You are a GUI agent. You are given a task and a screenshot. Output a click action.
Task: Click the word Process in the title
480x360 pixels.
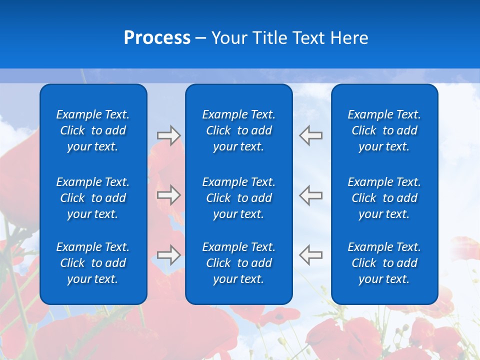[157, 38]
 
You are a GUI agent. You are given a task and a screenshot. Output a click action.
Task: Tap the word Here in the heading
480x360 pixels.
[349, 38]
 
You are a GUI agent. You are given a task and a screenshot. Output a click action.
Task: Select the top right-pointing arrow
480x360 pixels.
[169, 135]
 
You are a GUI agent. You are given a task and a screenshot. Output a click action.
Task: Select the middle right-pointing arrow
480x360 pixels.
[169, 195]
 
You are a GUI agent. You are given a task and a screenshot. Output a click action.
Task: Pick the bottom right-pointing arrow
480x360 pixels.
[169, 255]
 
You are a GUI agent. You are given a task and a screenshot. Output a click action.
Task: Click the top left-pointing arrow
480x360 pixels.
[310, 135]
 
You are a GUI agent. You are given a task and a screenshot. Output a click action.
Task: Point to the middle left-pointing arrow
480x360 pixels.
[310, 195]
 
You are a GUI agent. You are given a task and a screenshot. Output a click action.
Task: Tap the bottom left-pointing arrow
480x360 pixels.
[310, 255]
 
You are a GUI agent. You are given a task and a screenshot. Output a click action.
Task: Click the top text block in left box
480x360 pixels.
[93, 130]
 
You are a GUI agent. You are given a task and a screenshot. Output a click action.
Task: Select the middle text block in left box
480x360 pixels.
[93, 198]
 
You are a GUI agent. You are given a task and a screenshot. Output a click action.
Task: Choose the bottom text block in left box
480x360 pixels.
[93, 263]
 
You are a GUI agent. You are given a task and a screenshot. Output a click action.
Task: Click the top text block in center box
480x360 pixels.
[239, 130]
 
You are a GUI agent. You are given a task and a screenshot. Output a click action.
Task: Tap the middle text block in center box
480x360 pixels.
[239, 198]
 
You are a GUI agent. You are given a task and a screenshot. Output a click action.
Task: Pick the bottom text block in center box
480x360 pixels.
[239, 263]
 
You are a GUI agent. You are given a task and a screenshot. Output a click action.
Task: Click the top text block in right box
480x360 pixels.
[384, 130]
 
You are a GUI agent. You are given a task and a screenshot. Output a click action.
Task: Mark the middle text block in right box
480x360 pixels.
[384, 198]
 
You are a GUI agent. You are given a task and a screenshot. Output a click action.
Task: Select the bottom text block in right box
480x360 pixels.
[384, 263]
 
